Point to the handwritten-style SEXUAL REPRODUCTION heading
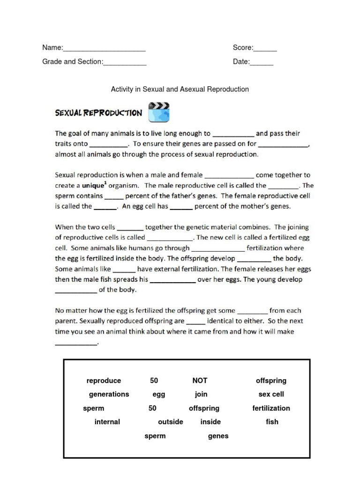coord(98,113)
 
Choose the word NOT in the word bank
coord(200,381)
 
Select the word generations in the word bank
coord(109,394)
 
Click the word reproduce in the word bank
coord(104,381)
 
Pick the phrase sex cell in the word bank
coord(271,394)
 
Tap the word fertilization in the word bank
coord(271,408)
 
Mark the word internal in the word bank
coord(107,422)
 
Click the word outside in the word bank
coord(171,422)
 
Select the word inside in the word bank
coord(210,422)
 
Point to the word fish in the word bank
coord(272,422)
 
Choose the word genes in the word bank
coord(218,436)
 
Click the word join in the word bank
coord(201,394)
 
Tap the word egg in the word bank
coord(159,395)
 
